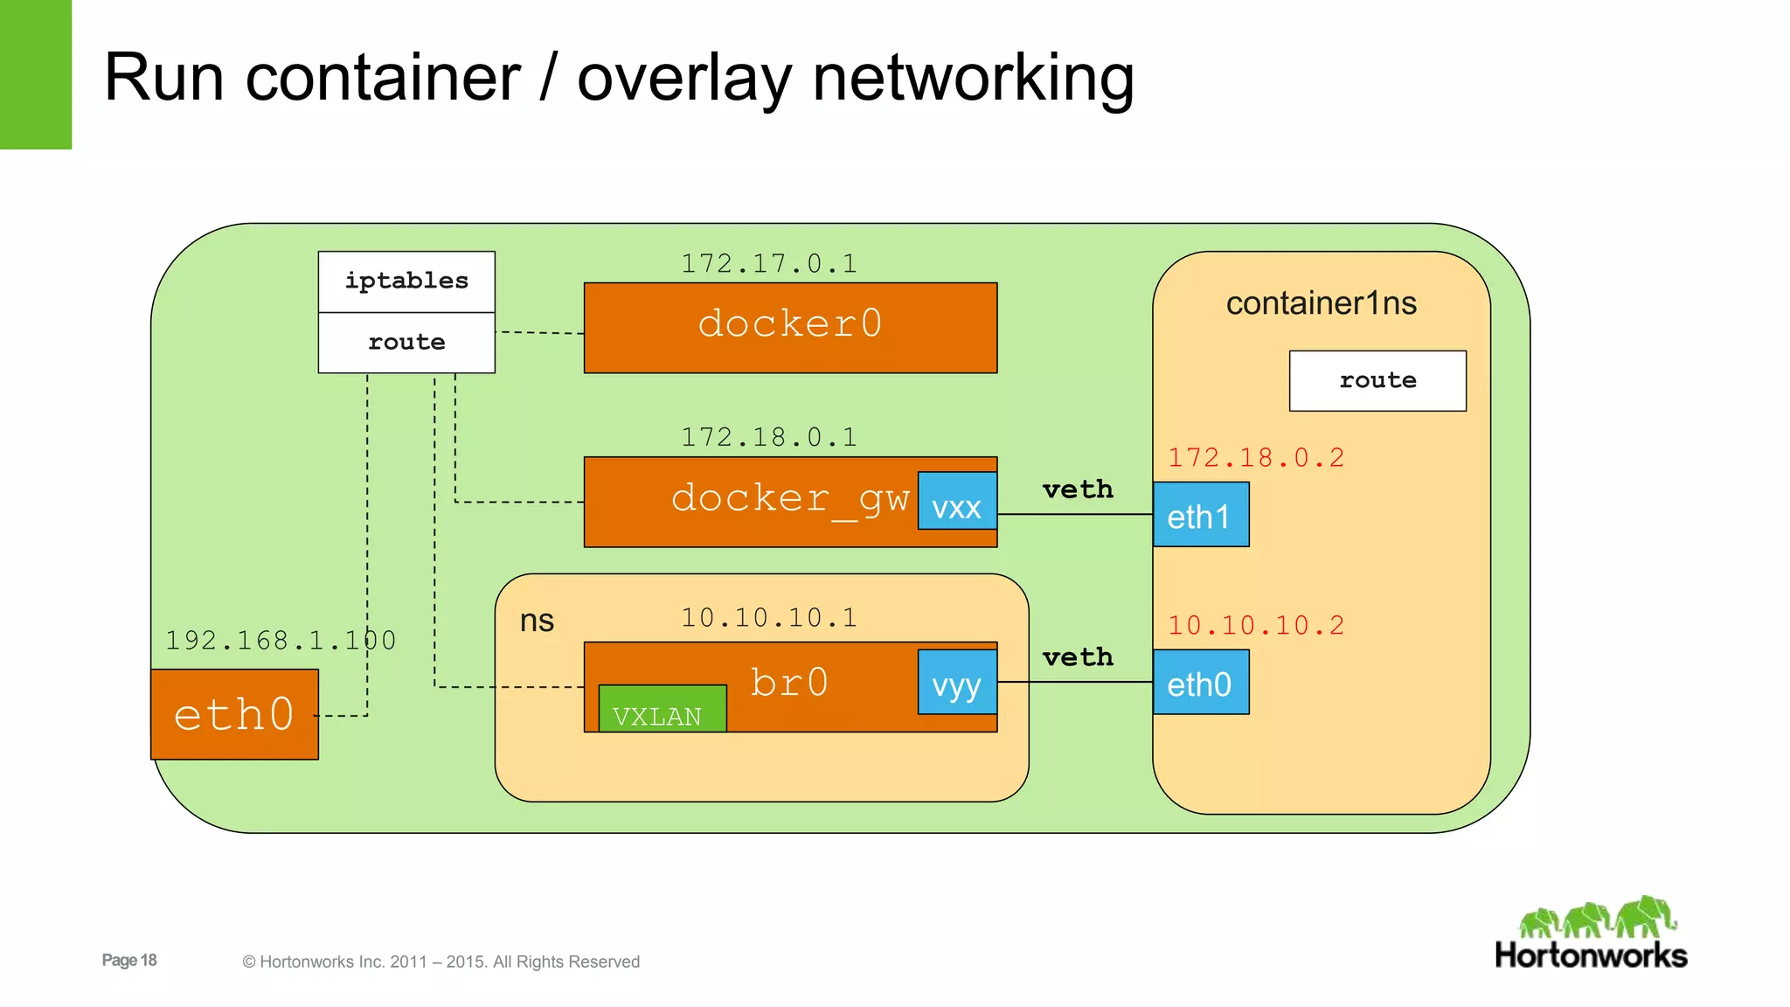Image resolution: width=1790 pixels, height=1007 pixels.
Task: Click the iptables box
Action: (x=406, y=281)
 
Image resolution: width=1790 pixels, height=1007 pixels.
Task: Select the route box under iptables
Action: (x=406, y=343)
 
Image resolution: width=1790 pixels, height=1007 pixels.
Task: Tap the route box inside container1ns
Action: (x=1377, y=381)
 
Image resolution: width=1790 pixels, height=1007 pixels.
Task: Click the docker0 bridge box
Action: (x=790, y=328)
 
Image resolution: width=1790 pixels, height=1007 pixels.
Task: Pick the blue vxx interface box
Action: (x=957, y=502)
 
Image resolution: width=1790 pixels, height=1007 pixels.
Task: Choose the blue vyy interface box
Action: (x=957, y=683)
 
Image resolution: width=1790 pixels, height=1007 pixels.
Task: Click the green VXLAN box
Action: (x=662, y=709)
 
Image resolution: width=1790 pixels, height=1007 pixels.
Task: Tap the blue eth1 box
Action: (x=1200, y=515)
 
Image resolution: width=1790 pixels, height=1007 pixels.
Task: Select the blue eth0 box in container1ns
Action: (x=1200, y=683)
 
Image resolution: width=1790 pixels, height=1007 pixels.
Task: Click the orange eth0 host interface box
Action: (x=234, y=714)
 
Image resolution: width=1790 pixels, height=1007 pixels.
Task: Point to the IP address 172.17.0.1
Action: (x=769, y=264)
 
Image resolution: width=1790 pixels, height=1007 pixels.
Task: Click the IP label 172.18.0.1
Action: (x=769, y=437)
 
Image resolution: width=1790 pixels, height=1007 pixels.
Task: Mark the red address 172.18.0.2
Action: (x=1256, y=458)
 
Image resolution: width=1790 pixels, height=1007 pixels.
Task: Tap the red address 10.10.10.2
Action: (x=1256, y=626)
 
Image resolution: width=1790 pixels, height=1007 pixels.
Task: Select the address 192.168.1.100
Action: (x=281, y=641)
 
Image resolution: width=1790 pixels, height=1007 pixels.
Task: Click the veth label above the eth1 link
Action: (x=1078, y=490)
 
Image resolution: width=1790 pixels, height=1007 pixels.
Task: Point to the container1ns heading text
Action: (x=1321, y=303)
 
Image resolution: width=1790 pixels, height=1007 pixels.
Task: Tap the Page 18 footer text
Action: (x=129, y=960)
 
